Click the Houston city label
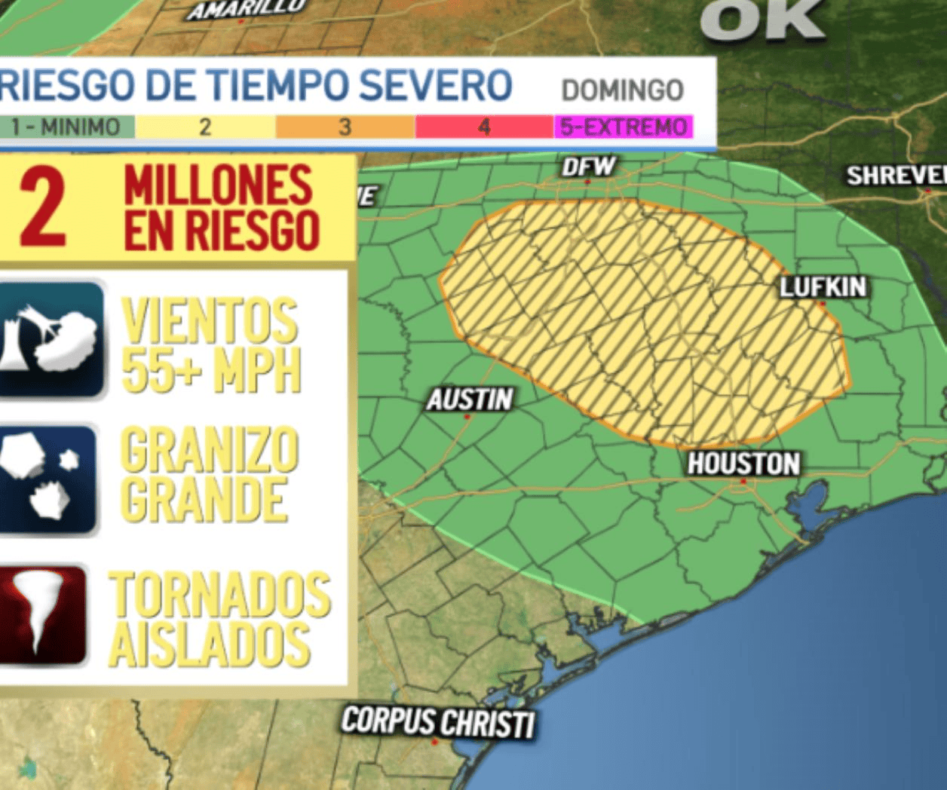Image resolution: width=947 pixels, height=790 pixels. pos(743,464)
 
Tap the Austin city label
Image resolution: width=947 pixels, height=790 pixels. pos(470,400)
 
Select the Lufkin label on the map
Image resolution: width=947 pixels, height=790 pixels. pos(823,287)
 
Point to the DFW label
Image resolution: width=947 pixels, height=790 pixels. pos(589,167)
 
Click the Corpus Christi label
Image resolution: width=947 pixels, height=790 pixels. pos(438,721)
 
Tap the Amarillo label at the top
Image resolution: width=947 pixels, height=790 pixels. pos(247,9)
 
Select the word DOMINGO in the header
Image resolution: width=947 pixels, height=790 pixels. pos(622,90)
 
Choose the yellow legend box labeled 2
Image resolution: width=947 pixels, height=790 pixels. pos(205,127)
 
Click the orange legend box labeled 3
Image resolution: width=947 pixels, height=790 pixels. pos(345,127)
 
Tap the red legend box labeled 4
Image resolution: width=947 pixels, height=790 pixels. pos(484,127)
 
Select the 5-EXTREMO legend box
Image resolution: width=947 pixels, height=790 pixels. pos(624,127)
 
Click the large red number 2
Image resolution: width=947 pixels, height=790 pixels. pos(43,207)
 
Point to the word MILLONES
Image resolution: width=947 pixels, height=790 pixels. pos(218,185)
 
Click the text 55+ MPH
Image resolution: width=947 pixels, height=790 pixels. pos(211,369)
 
